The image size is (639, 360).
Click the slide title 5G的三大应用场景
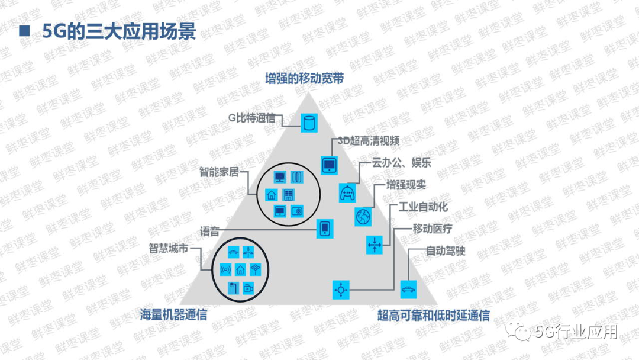pos(119,31)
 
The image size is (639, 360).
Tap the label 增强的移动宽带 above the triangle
pos(304,79)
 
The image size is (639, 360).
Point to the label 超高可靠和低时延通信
pos(434,315)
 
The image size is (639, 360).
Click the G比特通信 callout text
pos(252,117)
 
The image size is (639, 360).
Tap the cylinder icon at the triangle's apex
pos(308,123)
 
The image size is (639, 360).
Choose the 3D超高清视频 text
pos(369,141)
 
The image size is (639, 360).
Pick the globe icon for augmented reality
pos(363,216)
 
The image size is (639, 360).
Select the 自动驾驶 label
pos(446,251)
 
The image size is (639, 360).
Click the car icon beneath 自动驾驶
pos(408,289)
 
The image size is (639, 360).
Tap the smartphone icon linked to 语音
pos(324,229)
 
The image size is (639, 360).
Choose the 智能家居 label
pos(219,172)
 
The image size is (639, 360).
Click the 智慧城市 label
pos(169,249)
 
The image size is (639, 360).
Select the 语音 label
pos(209,232)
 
